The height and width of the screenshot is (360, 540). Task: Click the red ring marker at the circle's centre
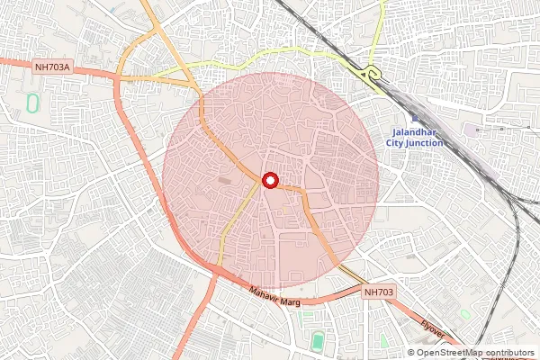270,180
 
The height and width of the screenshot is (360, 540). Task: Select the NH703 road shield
380,292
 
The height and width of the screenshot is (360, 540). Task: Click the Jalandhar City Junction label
413,136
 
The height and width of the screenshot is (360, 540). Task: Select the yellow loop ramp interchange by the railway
369,75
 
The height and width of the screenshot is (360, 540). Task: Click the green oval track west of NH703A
33,103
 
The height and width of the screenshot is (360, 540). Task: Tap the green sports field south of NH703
318,342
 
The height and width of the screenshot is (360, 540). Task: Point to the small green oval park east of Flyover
464,314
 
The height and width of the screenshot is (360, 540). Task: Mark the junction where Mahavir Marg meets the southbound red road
216,272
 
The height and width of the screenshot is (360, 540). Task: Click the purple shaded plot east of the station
472,130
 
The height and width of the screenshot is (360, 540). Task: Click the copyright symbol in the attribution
412,353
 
